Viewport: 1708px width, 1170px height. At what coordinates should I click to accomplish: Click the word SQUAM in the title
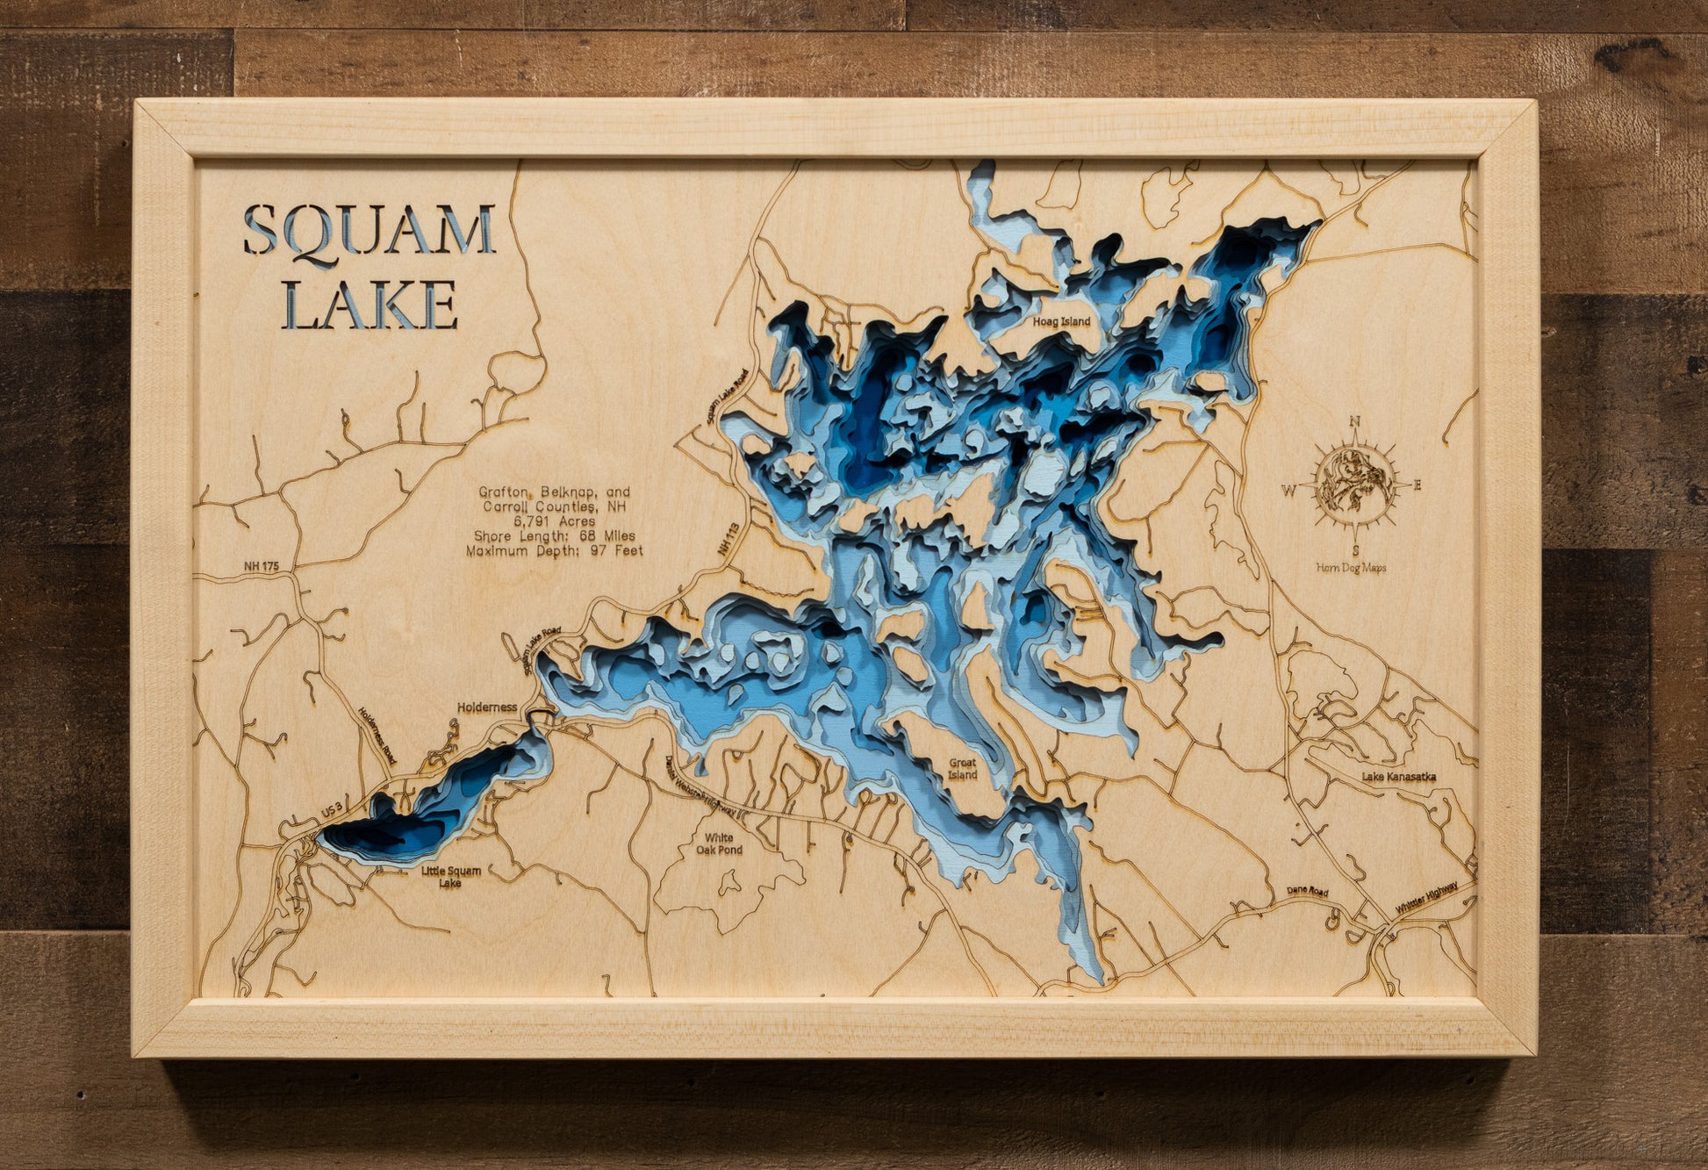369,231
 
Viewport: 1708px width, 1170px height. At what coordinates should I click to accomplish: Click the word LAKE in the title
370,305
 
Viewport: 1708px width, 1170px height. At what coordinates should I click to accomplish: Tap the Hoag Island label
1061,322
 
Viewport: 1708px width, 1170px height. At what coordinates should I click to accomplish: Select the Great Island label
962,769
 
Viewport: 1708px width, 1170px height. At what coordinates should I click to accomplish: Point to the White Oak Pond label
719,843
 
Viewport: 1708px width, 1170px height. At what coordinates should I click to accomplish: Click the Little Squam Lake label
450,876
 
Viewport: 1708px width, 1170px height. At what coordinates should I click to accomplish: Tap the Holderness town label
486,707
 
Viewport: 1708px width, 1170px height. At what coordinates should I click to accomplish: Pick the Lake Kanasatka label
1398,777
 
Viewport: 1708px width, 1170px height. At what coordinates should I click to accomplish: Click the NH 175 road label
261,567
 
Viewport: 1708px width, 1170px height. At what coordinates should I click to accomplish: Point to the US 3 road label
331,814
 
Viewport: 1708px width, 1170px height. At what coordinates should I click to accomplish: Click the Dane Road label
1307,891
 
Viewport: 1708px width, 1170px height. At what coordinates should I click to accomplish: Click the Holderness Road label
378,737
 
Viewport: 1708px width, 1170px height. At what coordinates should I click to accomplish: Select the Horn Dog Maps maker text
1351,568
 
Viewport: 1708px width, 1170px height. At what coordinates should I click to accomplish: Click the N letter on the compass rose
1354,420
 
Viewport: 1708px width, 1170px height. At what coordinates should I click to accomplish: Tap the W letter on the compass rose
1288,491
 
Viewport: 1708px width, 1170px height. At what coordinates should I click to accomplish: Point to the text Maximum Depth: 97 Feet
554,551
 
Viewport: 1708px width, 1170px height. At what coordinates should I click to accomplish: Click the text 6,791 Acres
554,521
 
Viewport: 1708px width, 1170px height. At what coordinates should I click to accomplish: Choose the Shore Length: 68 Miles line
554,536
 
